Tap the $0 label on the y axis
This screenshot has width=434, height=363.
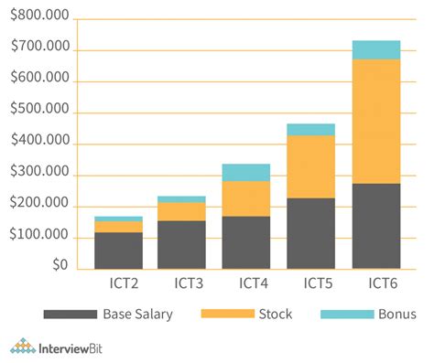point(60,265)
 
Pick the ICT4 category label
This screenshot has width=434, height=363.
point(245,283)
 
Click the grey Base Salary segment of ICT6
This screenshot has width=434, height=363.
point(375,226)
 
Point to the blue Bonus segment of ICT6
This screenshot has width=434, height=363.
point(375,49)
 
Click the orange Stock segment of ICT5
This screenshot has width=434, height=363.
point(310,166)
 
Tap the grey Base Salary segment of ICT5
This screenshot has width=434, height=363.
point(310,233)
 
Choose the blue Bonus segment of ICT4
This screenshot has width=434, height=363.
point(245,172)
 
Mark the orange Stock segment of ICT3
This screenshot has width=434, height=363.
point(181,211)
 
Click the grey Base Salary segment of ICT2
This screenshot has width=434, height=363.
point(118,251)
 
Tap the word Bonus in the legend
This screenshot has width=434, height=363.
point(396,315)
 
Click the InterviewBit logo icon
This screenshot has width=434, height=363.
point(23,346)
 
